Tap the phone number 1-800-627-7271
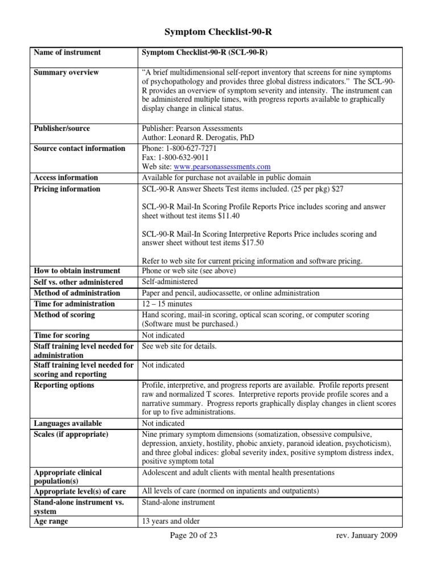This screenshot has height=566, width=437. (x=188, y=149)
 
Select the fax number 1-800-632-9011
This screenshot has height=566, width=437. (x=182, y=158)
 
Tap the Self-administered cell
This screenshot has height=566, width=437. (x=170, y=282)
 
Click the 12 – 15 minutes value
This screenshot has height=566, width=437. (x=166, y=304)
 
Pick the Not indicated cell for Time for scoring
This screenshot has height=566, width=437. (x=163, y=335)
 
